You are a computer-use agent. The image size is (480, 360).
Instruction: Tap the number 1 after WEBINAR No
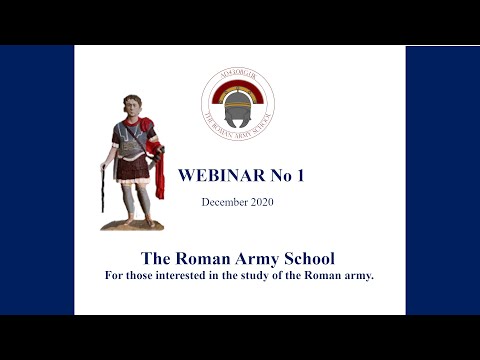(x=299, y=175)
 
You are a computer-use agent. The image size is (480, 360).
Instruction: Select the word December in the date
(x=225, y=202)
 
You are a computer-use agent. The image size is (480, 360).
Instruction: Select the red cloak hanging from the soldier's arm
(x=155, y=160)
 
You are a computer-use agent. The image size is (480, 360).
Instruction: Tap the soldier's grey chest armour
(x=131, y=138)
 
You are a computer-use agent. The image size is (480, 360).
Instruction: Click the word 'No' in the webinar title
(x=278, y=175)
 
